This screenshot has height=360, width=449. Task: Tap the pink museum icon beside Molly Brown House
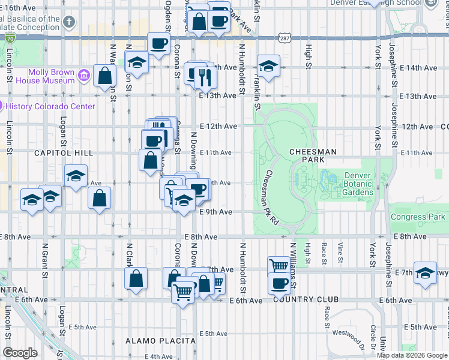[x=83, y=76]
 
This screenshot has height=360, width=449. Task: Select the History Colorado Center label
[x=50, y=106]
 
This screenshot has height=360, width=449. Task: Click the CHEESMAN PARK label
[x=313, y=156]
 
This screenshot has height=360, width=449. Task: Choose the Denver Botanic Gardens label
[x=359, y=184]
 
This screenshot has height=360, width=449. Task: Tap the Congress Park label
[x=418, y=217]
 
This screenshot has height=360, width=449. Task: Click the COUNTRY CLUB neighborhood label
[x=306, y=299]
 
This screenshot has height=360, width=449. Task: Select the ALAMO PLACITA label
[x=152, y=341]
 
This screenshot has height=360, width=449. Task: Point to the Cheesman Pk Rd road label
[x=272, y=196]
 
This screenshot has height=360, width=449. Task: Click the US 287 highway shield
[x=286, y=37]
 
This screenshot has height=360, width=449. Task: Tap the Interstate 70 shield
[x=10, y=37]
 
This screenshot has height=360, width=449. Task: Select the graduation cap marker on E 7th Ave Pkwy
[x=425, y=274]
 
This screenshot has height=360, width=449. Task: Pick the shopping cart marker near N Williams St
[x=278, y=265]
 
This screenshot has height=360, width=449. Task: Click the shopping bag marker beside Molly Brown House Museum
[x=105, y=76]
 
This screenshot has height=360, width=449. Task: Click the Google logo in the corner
[x=20, y=353]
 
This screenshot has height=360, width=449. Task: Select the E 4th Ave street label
[x=159, y=356]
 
